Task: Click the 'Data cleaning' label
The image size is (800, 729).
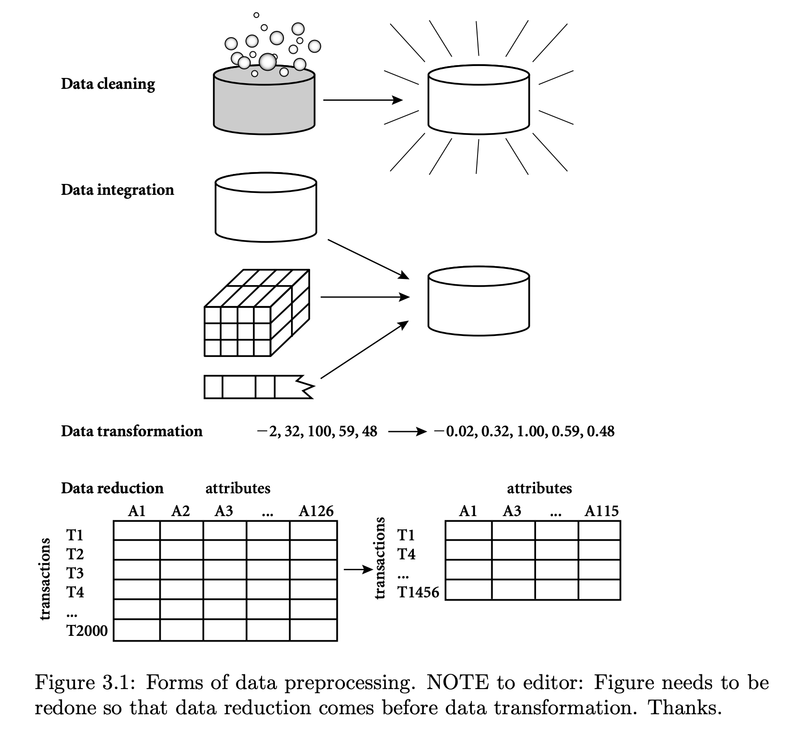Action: tap(108, 84)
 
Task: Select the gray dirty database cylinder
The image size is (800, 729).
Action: tap(264, 105)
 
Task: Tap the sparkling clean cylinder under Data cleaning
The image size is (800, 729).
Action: tap(478, 100)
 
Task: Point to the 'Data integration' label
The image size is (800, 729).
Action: tap(117, 190)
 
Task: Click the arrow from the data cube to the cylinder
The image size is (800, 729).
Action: tap(364, 297)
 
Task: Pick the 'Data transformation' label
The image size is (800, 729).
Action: tap(132, 432)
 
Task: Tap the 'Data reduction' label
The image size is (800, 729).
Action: tap(112, 489)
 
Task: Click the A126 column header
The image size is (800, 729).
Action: tap(316, 511)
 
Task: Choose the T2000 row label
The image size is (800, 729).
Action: tap(87, 631)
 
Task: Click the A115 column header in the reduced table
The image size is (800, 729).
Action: tap(601, 511)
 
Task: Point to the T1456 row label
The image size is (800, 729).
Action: tap(418, 592)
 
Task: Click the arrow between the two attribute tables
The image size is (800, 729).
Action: tap(358, 569)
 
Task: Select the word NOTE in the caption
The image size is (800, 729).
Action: tap(457, 683)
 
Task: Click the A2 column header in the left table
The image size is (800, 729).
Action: tap(180, 511)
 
